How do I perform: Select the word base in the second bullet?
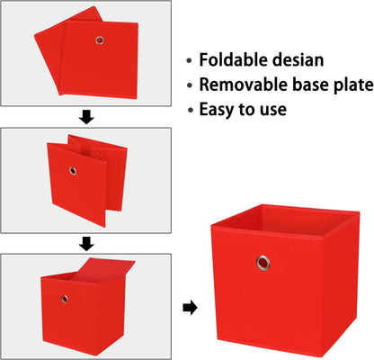tap(309, 85)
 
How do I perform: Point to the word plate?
tap(352, 85)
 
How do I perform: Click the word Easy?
tap(217, 110)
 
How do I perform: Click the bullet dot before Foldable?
tap(189, 60)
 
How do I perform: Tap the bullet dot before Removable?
tap(189, 85)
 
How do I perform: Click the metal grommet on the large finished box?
tap(263, 263)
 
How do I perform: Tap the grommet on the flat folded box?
tap(100, 40)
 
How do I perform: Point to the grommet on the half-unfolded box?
tap(73, 171)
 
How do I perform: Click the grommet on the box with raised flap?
tap(65, 299)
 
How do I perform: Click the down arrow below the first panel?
tap(86, 117)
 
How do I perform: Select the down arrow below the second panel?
tap(86, 244)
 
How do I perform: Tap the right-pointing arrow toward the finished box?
tap(190, 308)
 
